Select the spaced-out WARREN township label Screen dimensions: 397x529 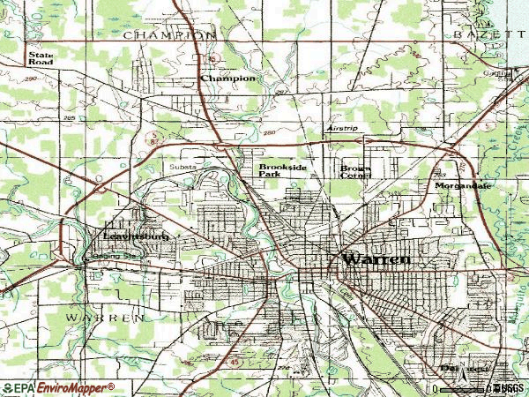(x=103, y=316)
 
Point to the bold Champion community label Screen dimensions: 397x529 (x=228, y=79)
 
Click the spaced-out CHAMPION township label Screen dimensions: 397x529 (x=169, y=34)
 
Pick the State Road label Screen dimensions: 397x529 (x=41, y=59)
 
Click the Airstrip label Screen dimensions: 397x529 (x=343, y=129)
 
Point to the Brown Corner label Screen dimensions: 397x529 (x=356, y=171)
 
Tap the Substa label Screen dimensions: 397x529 (x=182, y=166)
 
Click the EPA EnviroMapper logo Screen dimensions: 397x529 (x=57, y=387)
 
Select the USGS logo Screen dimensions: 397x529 (x=507, y=388)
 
